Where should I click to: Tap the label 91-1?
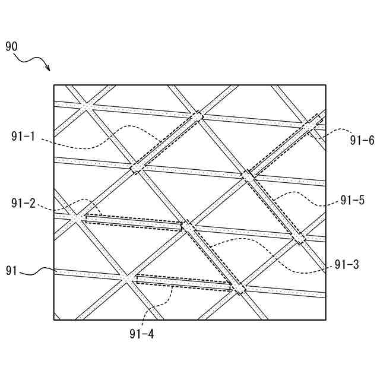coord(24,137)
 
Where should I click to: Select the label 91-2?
coord(24,204)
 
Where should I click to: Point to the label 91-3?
coord(346,265)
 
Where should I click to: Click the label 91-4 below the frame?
coord(142,334)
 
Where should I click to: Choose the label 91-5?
coord(353,201)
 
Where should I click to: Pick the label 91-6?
coord(362,140)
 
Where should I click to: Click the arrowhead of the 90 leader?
coord(49,70)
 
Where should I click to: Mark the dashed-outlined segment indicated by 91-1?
coord(167,142)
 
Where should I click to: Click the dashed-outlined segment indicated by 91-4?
coord(184,282)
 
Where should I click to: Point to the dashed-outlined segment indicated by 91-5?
coord(273,205)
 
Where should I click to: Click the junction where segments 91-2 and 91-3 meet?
coord(188,227)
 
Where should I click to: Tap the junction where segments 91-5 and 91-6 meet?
coord(247,175)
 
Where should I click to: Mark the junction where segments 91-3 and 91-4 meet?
coord(238,289)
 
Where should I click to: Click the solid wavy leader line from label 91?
coord(37,272)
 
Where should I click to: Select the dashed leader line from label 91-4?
coord(160,303)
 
